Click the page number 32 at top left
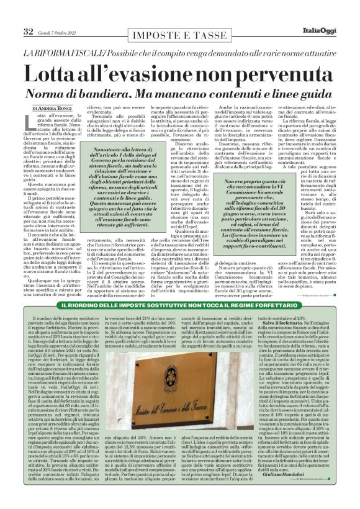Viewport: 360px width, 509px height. [29, 31]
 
